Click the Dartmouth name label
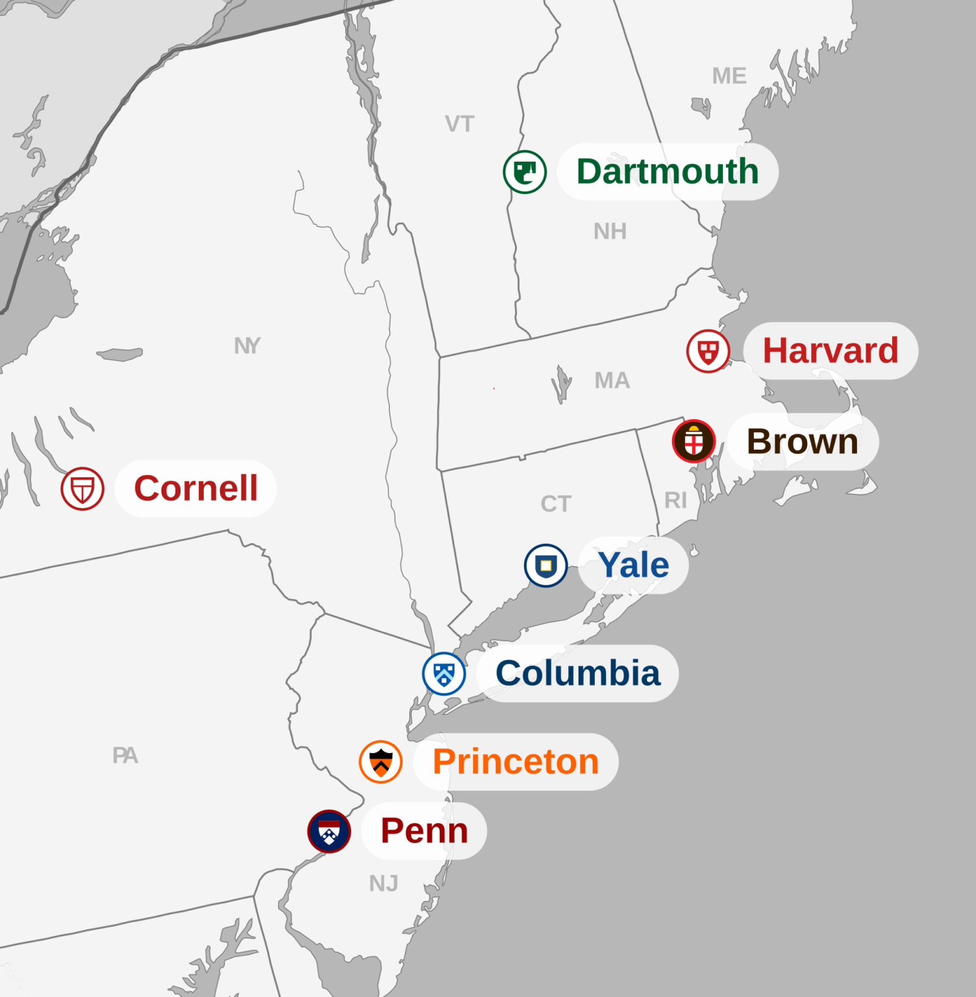tap(668, 171)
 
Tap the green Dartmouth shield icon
tap(525, 172)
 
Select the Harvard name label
tap(830, 351)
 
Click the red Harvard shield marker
tap(708, 351)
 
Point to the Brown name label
tap(803, 441)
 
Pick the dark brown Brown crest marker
tap(694, 441)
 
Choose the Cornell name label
tap(195, 488)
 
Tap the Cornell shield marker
tap(82, 489)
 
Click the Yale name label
tap(633, 565)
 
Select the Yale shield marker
tap(545, 565)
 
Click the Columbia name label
tap(577, 673)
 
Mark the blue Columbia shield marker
tap(444, 674)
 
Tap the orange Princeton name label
tap(516, 761)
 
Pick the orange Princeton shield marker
tap(381, 762)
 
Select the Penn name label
tap(424, 831)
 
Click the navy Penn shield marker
tap(329, 831)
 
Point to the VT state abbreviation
tap(460, 124)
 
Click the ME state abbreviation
tap(729, 76)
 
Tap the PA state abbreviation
tap(125, 756)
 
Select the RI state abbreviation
tap(675, 500)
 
